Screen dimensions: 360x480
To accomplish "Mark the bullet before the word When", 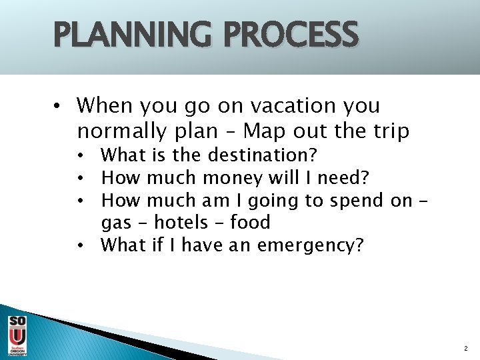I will click(x=59, y=106).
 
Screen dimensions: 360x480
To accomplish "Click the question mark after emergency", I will click(x=360, y=245).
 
